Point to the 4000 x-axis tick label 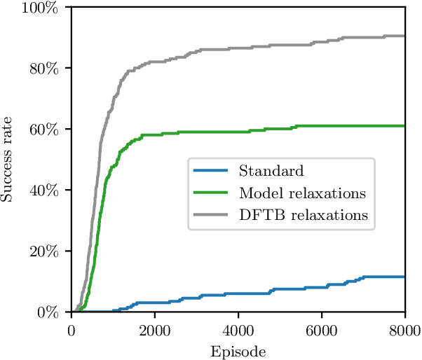238,329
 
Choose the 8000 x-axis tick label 404,329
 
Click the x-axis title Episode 238,349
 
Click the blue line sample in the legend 211,171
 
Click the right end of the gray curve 404,36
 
